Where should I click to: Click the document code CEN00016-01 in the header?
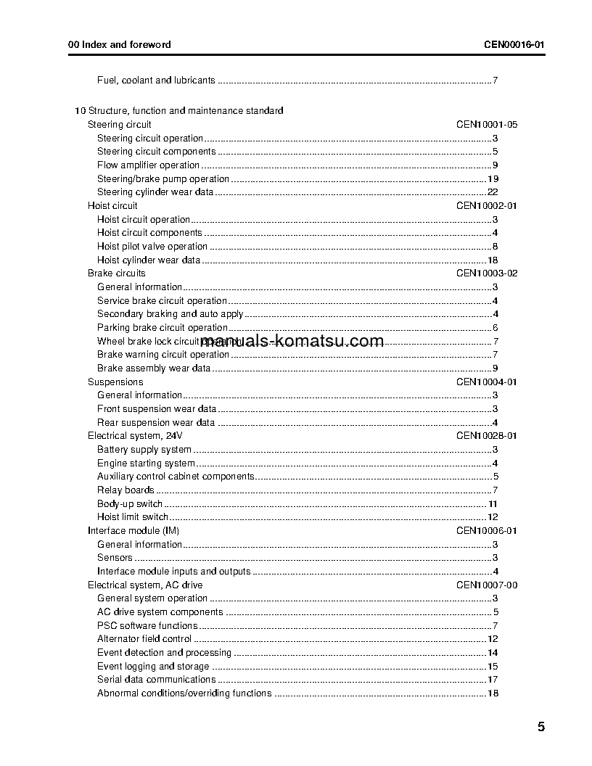point(514,44)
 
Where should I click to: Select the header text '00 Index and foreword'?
point(119,44)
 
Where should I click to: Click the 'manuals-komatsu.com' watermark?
point(292,341)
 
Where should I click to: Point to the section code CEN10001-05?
point(486,125)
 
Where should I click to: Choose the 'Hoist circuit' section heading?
point(112,206)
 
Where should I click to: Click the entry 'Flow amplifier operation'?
point(148,165)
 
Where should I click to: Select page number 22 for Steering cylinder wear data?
point(492,192)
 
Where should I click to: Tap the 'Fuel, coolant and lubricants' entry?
point(156,81)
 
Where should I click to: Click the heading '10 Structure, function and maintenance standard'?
point(178,111)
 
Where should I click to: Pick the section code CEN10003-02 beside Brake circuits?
point(486,273)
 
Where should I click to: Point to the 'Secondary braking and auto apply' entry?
point(170,314)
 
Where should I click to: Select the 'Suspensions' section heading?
point(115,382)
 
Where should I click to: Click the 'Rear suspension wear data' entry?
point(156,423)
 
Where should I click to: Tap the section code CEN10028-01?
point(486,436)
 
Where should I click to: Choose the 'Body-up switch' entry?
point(130,504)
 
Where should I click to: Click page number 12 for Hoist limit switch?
point(492,517)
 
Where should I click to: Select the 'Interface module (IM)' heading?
point(133,531)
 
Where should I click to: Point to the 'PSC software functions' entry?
point(147,626)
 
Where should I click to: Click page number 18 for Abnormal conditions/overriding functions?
point(492,693)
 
